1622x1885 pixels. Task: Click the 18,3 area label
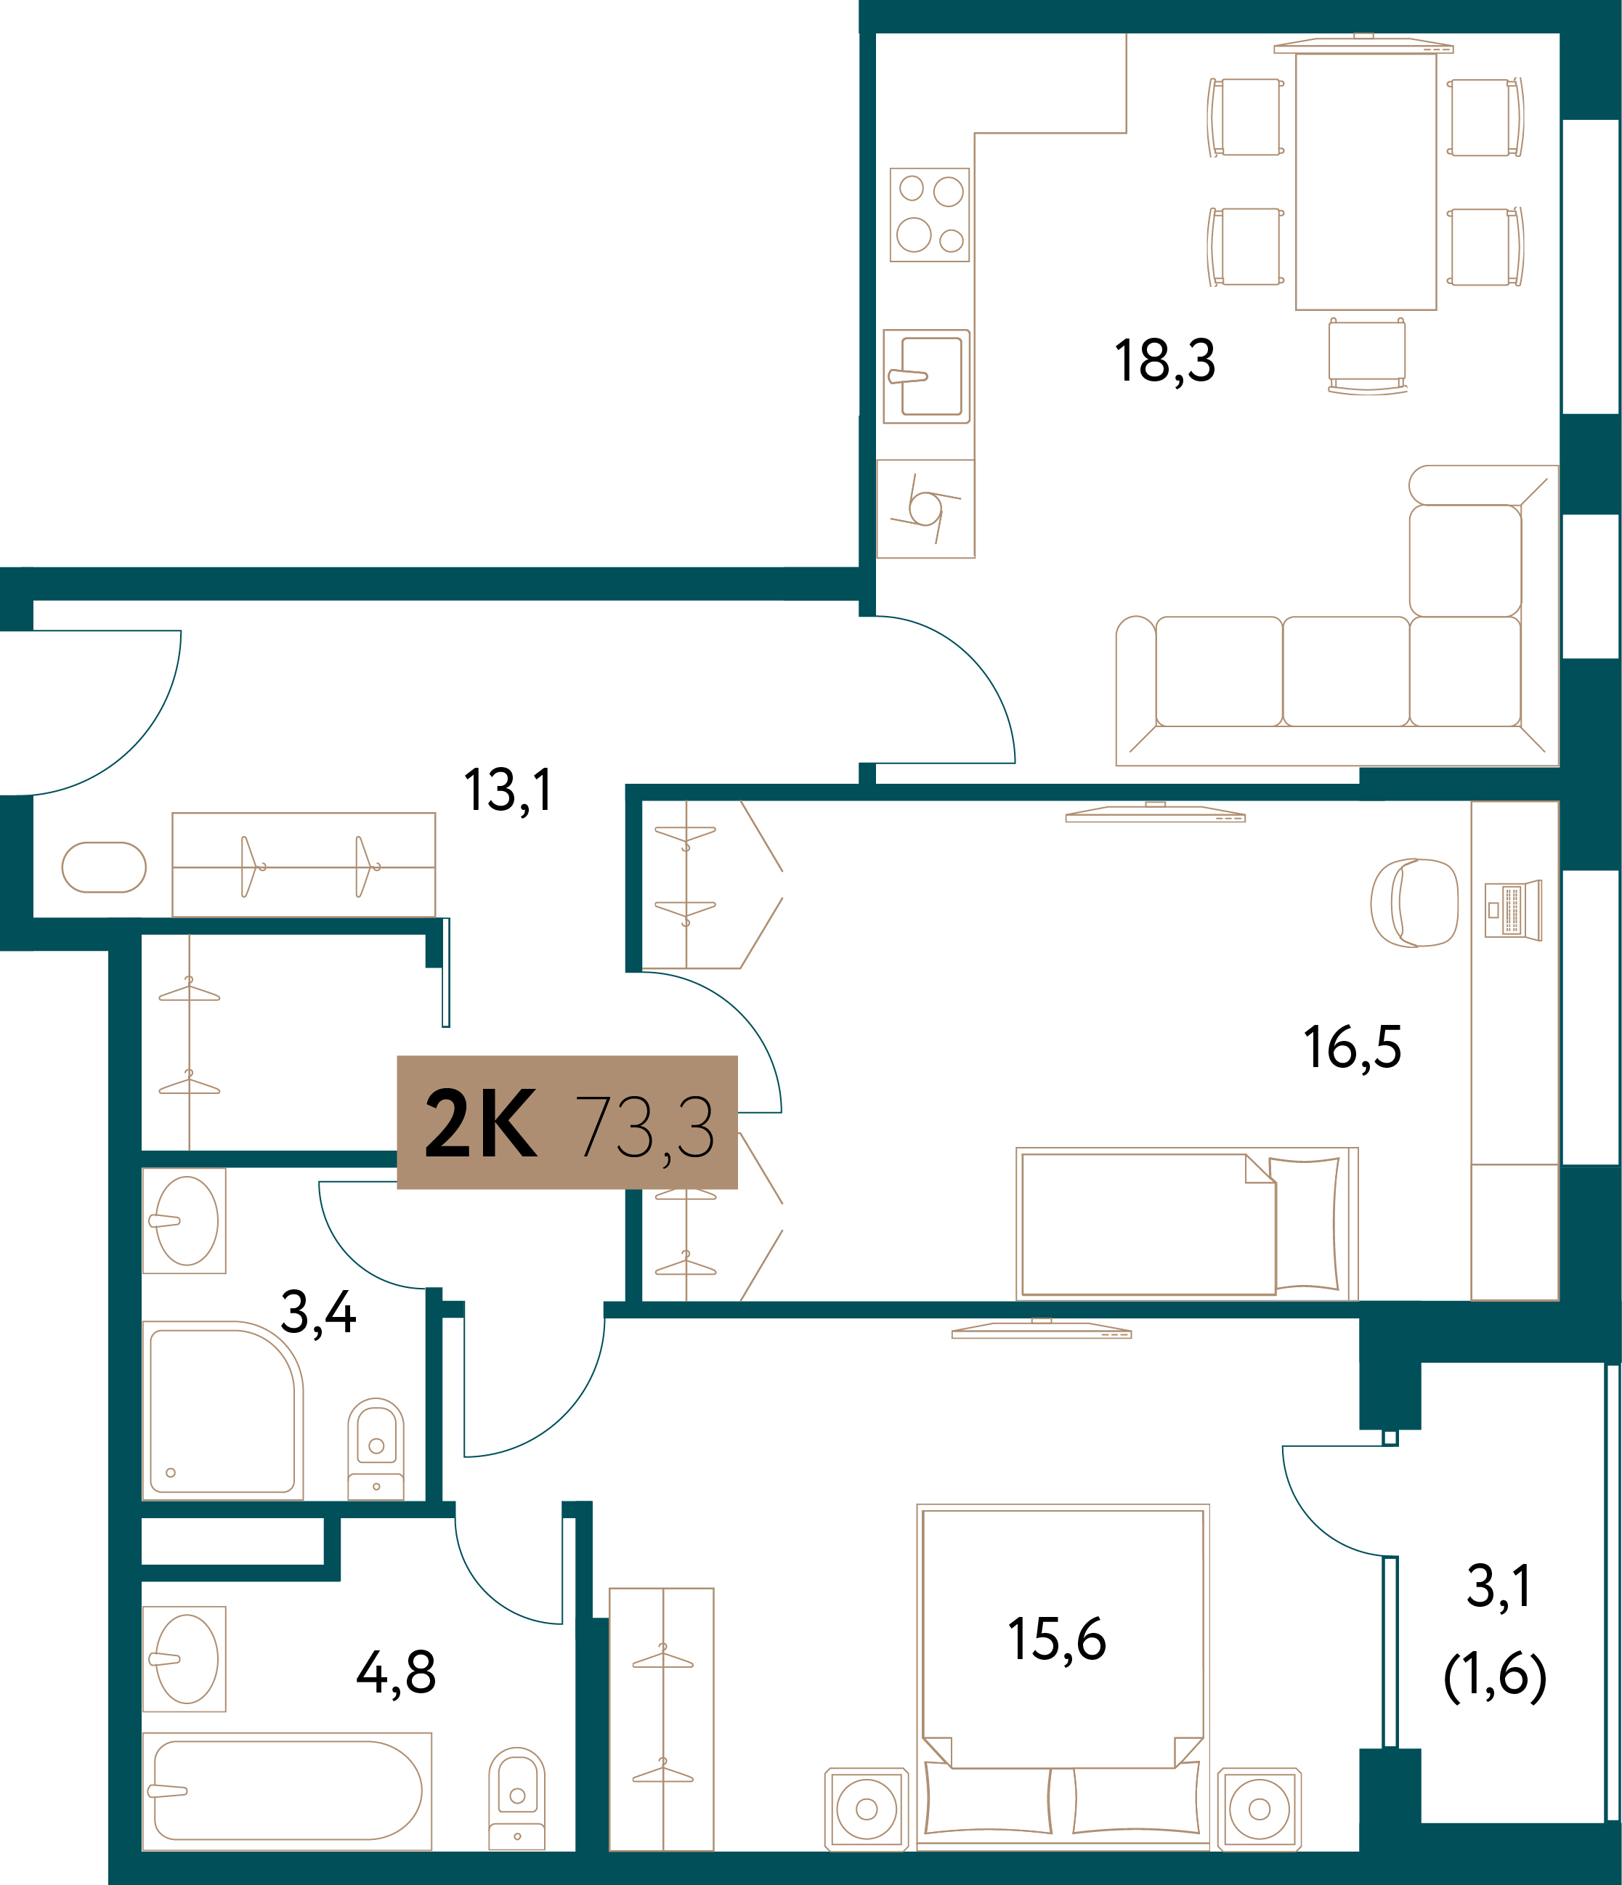tap(1164, 361)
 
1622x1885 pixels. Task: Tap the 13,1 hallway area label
tap(508, 790)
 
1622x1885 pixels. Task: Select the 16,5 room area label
tap(1352, 1047)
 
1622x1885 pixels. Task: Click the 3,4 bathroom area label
tap(318, 1313)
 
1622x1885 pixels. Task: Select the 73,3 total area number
tap(645, 1128)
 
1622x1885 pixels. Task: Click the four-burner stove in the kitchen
tap(929, 215)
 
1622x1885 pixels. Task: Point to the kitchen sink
tap(926, 376)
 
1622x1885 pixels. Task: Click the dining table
tap(1366, 181)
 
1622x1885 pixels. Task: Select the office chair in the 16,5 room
tap(1414, 904)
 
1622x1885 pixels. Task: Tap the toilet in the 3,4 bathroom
tap(376, 1448)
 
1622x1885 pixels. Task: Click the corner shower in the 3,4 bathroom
tap(223, 1410)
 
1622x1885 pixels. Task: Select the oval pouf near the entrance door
tap(104, 867)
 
